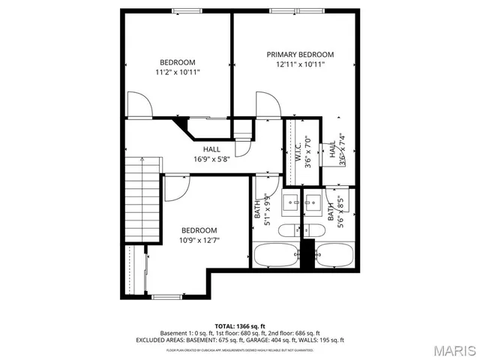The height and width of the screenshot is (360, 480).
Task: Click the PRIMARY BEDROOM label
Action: coord(300,55)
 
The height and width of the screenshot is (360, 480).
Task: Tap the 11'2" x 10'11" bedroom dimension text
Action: coord(177,72)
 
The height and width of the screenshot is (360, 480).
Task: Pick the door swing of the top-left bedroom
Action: coord(140,105)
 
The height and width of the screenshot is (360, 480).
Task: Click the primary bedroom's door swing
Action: coord(268,105)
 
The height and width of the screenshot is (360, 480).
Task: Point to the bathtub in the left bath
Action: coord(275,255)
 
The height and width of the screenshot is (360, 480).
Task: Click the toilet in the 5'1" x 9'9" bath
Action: coord(288,230)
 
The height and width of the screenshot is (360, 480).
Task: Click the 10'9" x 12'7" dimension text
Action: coord(199,240)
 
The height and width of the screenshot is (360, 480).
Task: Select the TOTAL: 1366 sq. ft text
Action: coord(239,325)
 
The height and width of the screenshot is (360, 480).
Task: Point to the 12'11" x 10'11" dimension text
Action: coord(300,65)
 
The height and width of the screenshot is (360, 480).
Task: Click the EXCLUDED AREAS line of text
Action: coord(239,340)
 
